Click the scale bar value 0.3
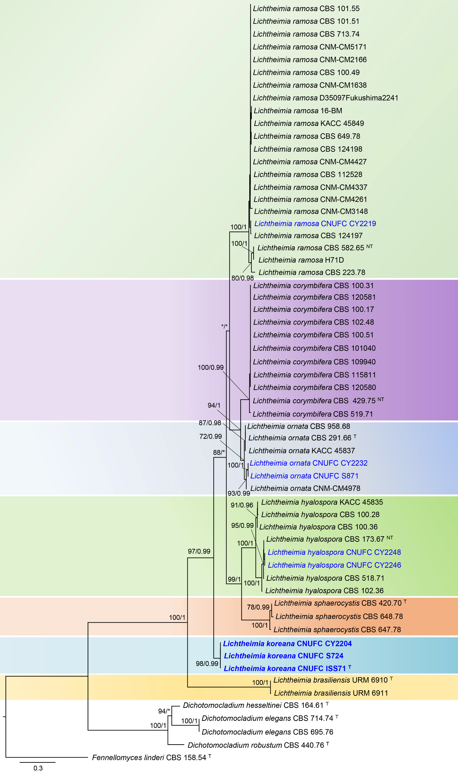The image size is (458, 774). [38, 768]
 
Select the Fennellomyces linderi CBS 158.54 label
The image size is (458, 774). [149, 757]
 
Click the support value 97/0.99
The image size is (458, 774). [199, 551]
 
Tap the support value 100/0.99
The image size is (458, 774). [210, 367]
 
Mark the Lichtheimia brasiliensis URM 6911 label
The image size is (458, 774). [331, 693]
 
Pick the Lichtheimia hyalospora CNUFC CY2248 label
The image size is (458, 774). [334, 552]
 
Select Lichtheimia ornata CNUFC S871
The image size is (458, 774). [304, 476]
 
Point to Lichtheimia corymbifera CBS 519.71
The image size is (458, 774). [313, 414]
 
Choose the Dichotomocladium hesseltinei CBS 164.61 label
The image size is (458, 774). [253, 705]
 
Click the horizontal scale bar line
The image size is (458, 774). [38, 762]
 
